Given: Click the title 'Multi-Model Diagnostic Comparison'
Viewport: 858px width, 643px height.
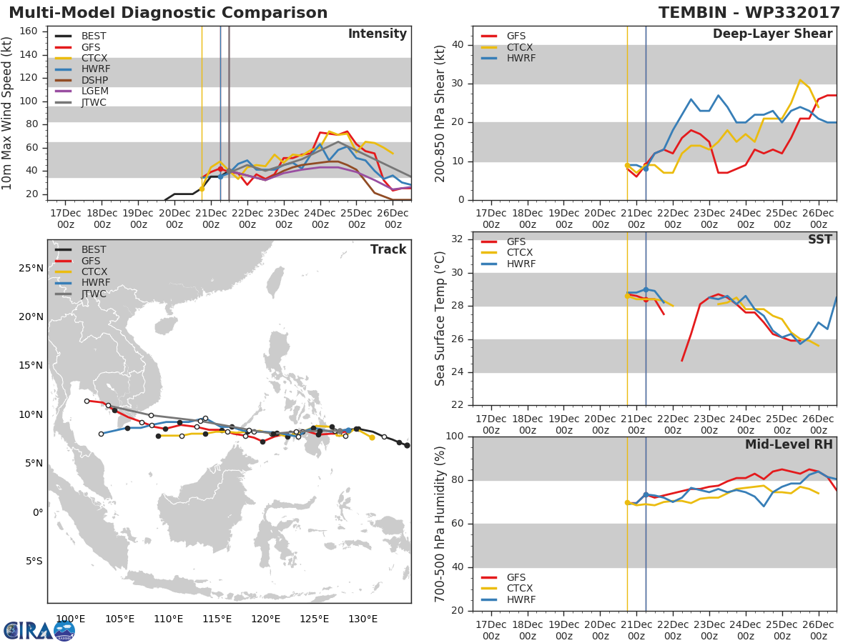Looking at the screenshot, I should (168, 13).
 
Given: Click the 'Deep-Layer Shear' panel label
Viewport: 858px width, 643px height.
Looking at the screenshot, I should (772, 34).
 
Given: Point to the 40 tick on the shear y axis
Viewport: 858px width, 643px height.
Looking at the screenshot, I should (458, 45).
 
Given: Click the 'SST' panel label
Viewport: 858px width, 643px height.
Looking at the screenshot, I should (819, 240).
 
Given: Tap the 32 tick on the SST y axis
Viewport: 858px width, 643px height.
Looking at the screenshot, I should (458, 239).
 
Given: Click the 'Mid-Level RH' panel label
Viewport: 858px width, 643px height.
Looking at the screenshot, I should (789, 444).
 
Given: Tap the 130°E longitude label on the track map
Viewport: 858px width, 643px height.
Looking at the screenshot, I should (363, 619).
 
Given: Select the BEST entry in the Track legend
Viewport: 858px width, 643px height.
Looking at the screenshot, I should (94, 249).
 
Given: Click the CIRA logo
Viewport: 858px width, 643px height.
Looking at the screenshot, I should (39, 630).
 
